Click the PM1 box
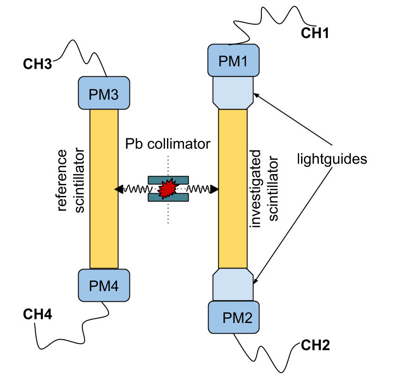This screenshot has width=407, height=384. coord(233,60)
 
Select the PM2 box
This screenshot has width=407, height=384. coord(234,317)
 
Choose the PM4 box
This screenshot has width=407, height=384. coord(104,285)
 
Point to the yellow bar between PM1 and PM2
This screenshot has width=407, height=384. coord(233,189)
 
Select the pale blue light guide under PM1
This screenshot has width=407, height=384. coord(233,92)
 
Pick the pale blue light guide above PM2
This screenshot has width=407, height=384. coord(233,285)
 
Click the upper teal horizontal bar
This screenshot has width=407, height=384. coord(168,180)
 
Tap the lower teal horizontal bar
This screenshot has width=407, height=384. coord(168,197)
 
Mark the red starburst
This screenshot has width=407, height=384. coord(167,189)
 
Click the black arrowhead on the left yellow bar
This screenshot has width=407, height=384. coord(116,189)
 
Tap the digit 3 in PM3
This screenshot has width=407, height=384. coord(113,95)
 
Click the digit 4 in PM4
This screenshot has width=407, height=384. coord(113,286)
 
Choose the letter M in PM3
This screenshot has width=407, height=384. coord(103,95)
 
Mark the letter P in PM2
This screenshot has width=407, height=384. coord(227,318)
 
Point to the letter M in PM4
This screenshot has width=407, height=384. coord(103,286)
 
